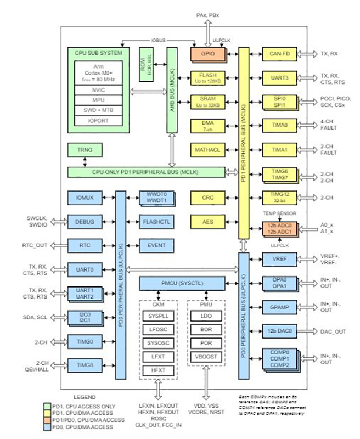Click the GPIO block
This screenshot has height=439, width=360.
coord(207,54)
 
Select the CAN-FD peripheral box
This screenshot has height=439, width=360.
coord(279,54)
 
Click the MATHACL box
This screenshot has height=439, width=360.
coord(207,149)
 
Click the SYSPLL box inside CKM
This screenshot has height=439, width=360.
coord(157,317)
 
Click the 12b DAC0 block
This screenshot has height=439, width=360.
coord(279,331)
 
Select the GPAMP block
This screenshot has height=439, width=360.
coord(279,307)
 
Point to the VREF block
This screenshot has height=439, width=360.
coord(279,258)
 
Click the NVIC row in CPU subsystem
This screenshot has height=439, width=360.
coord(99,89)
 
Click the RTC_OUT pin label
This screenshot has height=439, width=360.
coord(35,245)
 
